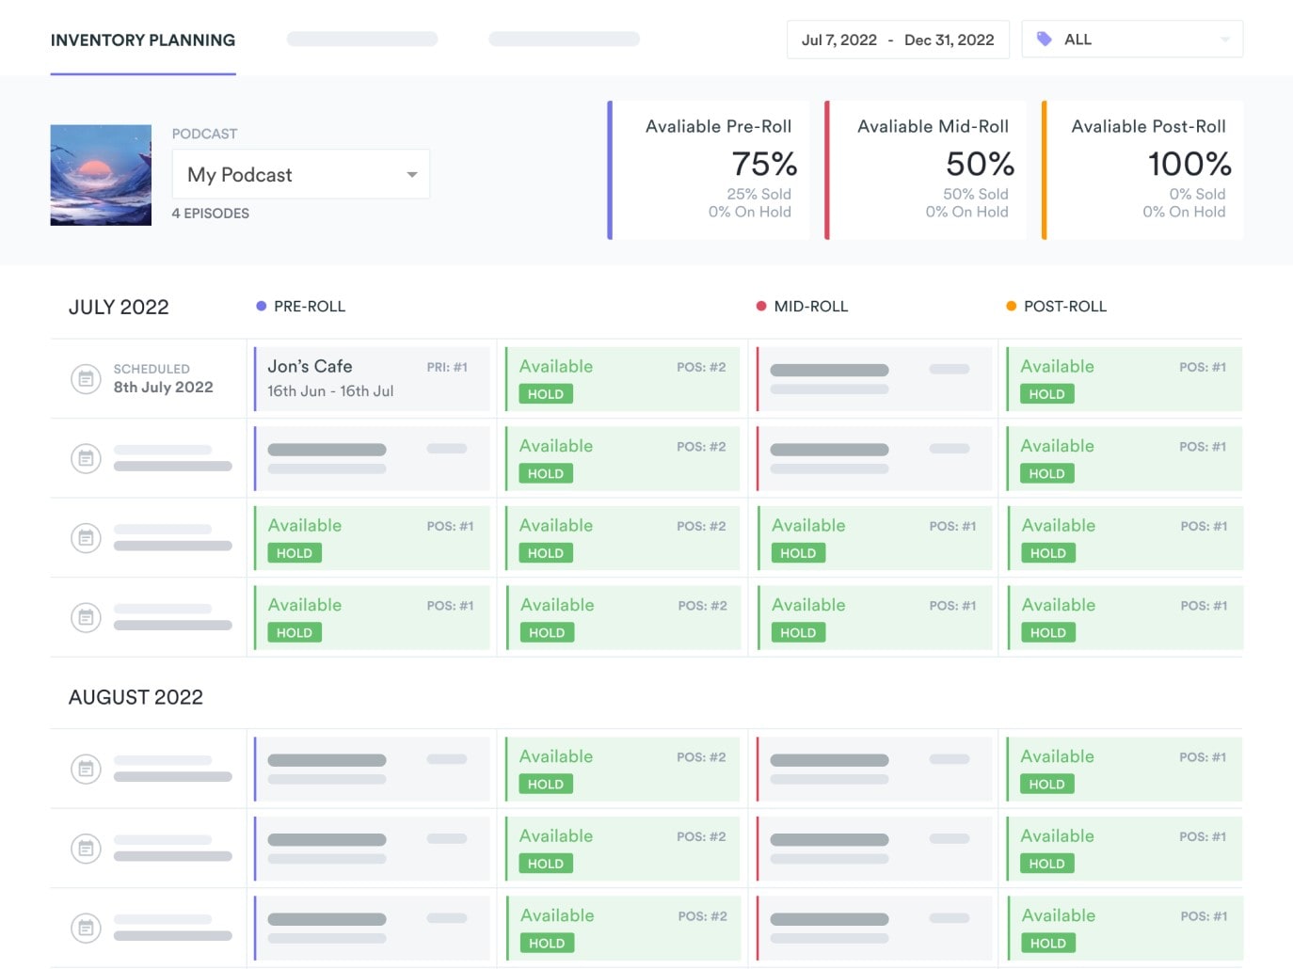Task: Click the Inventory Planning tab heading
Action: pos(143,40)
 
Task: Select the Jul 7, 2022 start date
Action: pos(838,40)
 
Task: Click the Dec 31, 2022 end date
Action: pos(949,40)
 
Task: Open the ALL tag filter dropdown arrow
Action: pos(1224,40)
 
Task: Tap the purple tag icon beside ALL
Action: pos(1044,40)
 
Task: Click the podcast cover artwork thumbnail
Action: pos(101,175)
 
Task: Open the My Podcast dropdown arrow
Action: pos(411,175)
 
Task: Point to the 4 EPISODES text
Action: pos(210,214)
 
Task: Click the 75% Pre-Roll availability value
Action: pos(764,165)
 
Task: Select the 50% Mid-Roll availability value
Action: pos(980,165)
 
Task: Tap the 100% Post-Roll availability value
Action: pos(1189,165)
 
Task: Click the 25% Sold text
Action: pos(758,194)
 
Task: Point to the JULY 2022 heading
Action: pos(119,308)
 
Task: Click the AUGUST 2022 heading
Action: pos(136,697)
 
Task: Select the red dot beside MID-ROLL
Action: pos(761,306)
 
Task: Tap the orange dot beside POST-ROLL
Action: pos(1011,306)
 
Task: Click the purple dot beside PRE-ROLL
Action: pos(261,306)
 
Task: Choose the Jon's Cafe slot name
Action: pos(310,367)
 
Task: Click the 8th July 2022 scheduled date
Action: pos(163,388)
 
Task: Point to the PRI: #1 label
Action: pos(447,367)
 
